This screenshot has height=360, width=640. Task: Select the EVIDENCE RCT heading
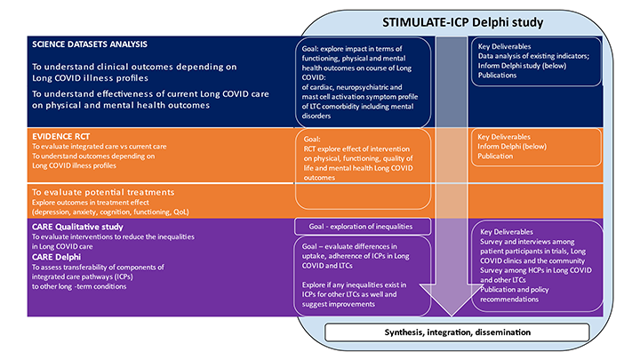pos(60,135)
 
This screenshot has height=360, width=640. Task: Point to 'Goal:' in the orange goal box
pos(313,140)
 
